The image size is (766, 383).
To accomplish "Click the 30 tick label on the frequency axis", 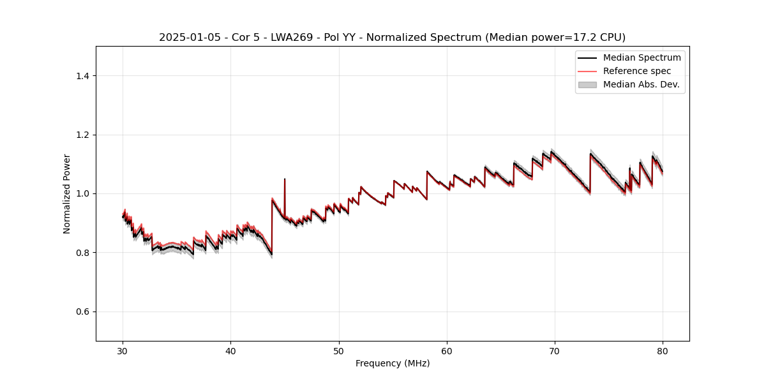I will pos(123,350).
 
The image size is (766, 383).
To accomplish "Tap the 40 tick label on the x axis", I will pos(230,350).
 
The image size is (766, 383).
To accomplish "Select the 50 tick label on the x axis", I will pos(339,350).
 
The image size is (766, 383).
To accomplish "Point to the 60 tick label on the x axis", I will pos(447,350).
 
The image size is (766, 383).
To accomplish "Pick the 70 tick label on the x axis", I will pos(555,350).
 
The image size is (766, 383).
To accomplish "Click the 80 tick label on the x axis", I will pos(663,350).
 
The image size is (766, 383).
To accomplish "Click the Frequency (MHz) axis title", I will pos(393,363).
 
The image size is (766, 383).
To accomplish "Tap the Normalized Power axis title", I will pos(67,193).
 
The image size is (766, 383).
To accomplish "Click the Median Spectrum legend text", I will pos(642,58).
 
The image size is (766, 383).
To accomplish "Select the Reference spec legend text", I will pos(636,71).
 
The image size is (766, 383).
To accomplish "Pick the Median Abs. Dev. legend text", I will pos(641,84).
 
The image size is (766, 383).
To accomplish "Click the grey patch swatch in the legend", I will pos(587,84).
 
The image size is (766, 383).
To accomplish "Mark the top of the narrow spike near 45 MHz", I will pos(285,179).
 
